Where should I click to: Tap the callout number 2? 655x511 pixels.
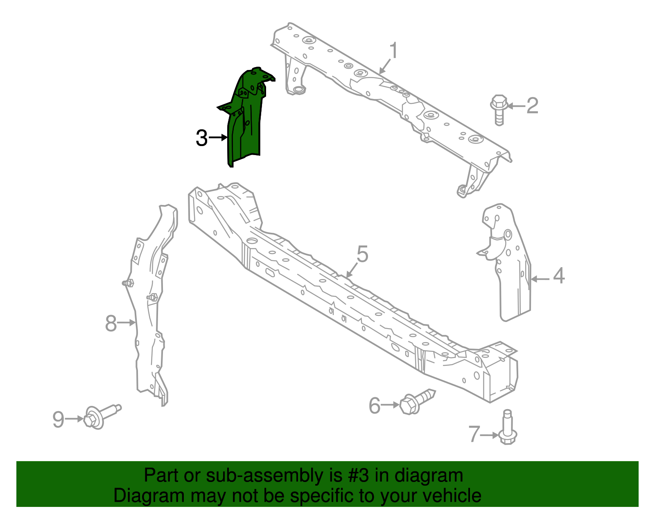[x=532, y=106]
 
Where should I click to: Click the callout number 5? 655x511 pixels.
[x=362, y=254]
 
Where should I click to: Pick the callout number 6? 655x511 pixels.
[x=375, y=405]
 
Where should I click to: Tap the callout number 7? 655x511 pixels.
[x=474, y=434]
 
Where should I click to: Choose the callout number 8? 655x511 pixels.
[x=111, y=323]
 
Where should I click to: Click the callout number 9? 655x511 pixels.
[x=59, y=419]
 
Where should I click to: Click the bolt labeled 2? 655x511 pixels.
[x=499, y=108]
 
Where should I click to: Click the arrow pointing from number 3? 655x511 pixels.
[x=218, y=138]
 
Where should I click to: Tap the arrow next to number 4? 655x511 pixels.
[x=540, y=279]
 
